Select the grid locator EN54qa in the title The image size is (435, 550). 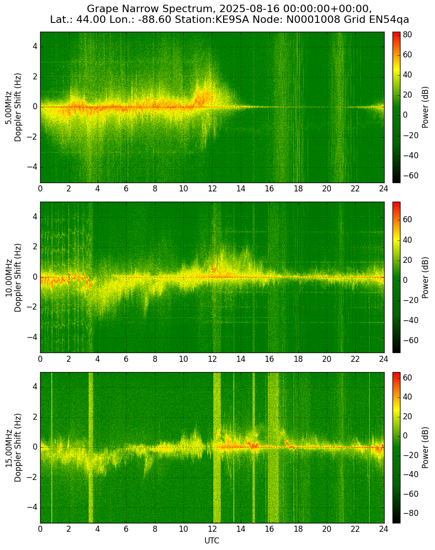(x=393, y=20)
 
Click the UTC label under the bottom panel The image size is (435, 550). (x=212, y=541)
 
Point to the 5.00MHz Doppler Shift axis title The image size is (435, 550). (x=14, y=107)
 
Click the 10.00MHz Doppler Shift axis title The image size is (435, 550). (x=14, y=277)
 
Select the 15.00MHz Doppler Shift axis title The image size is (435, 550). (x=14, y=448)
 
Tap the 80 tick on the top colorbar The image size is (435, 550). (x=407, y=35)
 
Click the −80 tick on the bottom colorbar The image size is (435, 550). (x=408, y=513)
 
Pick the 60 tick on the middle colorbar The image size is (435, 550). (x=407, y=219)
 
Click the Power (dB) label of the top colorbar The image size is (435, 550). (x=425, y=107)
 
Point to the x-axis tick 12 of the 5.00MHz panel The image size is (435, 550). (x=212, y=189)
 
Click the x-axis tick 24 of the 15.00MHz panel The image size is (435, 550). (x=384, y=529)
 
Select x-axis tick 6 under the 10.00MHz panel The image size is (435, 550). (x=126, y=359)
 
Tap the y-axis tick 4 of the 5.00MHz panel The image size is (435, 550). (x=35, y=47)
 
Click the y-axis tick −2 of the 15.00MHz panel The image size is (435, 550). (x=33, y=478)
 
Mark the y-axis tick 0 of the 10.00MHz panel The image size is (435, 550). (x=35, y=277)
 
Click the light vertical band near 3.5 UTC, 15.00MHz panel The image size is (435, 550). (x=91, y=448)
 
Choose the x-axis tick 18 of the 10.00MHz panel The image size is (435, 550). (x=298, y=359)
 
